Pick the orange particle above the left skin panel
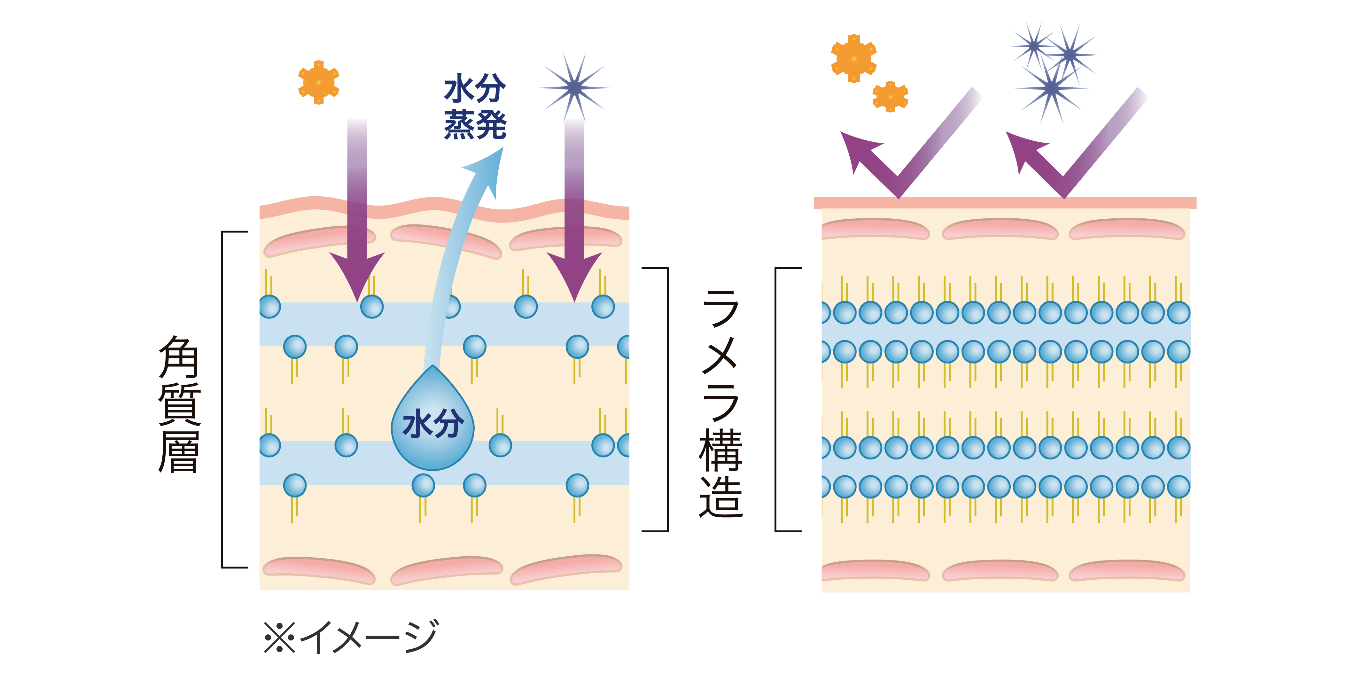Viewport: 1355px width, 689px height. pos(318,82)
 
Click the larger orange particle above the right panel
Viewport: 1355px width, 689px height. pos(853,59)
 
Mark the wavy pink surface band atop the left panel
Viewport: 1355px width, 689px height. pos(445,209)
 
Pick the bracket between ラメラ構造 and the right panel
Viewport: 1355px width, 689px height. pos(777,400)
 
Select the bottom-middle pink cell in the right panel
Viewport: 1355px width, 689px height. pos(1000,571)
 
